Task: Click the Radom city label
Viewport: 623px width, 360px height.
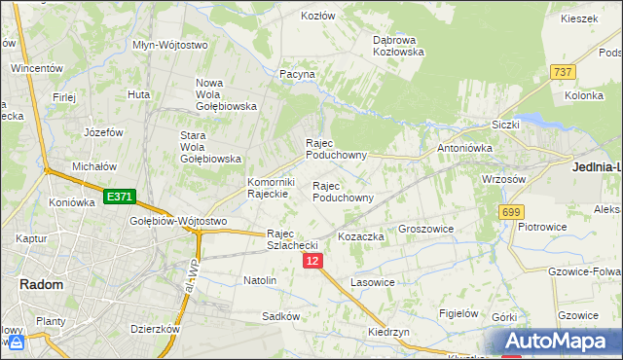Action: click(41, 284)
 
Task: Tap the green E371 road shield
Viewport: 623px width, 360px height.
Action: click(119, 197)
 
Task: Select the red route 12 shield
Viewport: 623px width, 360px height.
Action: click(311, 262)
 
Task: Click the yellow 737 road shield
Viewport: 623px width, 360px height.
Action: click(562, 72)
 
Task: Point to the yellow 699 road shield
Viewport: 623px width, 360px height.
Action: click(511, 212)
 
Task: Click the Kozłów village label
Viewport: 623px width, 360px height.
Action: click(317, 16)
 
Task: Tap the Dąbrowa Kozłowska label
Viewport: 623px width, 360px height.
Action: click(398, 45)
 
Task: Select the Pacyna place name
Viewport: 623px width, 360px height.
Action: click(297, 73)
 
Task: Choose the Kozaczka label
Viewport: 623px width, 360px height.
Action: click(361, 236)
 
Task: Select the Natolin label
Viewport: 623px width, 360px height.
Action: click(260, 280)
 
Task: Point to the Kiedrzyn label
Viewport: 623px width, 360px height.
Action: click(387, 332)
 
